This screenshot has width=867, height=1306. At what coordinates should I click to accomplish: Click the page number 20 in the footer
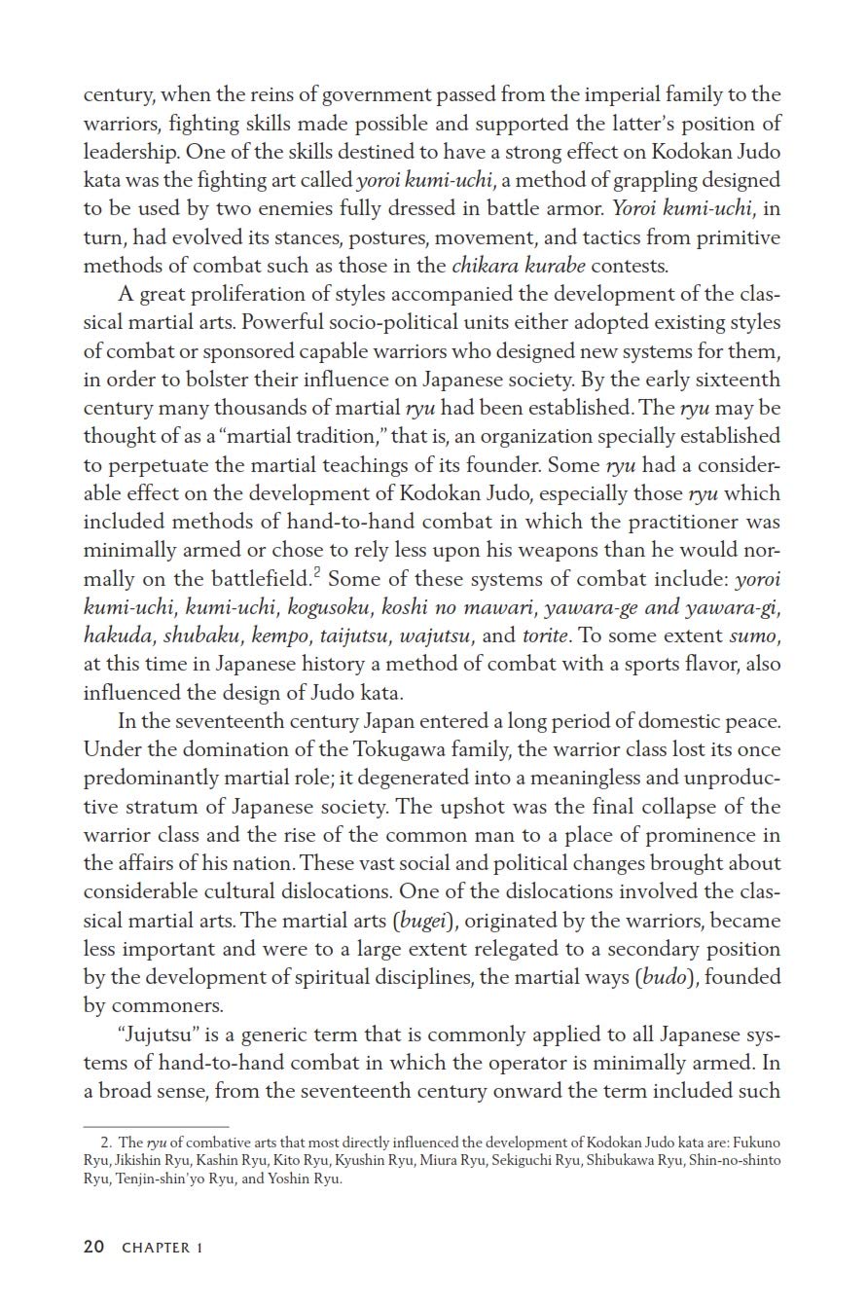click(x=93, y=1247)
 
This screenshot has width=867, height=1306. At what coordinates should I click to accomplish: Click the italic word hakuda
click(x=118, y=636)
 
